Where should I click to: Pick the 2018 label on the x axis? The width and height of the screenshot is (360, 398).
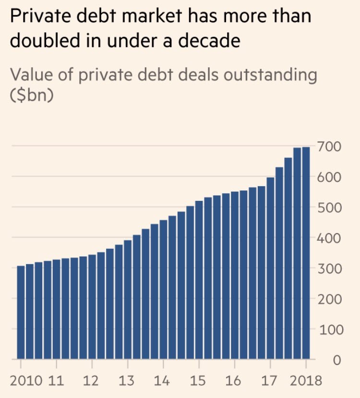tap(306, 381)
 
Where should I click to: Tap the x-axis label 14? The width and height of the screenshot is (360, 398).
tap(163, 381)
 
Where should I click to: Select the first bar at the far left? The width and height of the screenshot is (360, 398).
tap(21, 312)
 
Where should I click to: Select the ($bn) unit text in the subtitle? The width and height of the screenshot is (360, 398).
tap(31, 94)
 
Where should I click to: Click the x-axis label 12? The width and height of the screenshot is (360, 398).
tap(91, 381)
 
